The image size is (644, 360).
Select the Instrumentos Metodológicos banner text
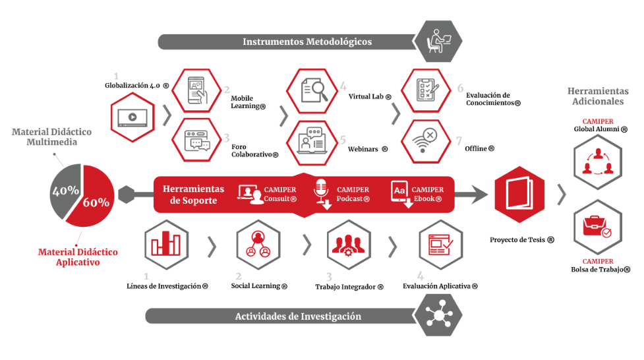[x=307, y=42]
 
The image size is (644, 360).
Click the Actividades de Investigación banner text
[x=298, y=316]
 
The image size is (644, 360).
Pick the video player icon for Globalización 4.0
[x=132, y=116]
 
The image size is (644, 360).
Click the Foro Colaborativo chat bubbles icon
[x=198, y=140]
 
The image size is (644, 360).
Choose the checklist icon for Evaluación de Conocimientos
[x=426, y=90]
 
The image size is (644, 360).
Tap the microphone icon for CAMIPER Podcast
[x=322, y=191]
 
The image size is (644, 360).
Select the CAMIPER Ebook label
[x=428, y=195]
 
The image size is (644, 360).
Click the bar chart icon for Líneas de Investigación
[x=165, y=245]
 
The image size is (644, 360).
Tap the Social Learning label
[x=259, y=286]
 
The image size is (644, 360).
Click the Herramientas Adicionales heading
[x=595, y=96]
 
